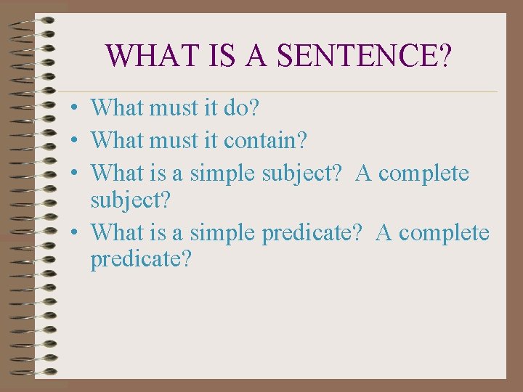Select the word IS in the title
[x=216, y=54]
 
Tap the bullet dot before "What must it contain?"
[x=75, y=139]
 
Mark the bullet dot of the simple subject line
[x=75, y=174]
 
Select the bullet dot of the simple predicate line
[x=75, y=234]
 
